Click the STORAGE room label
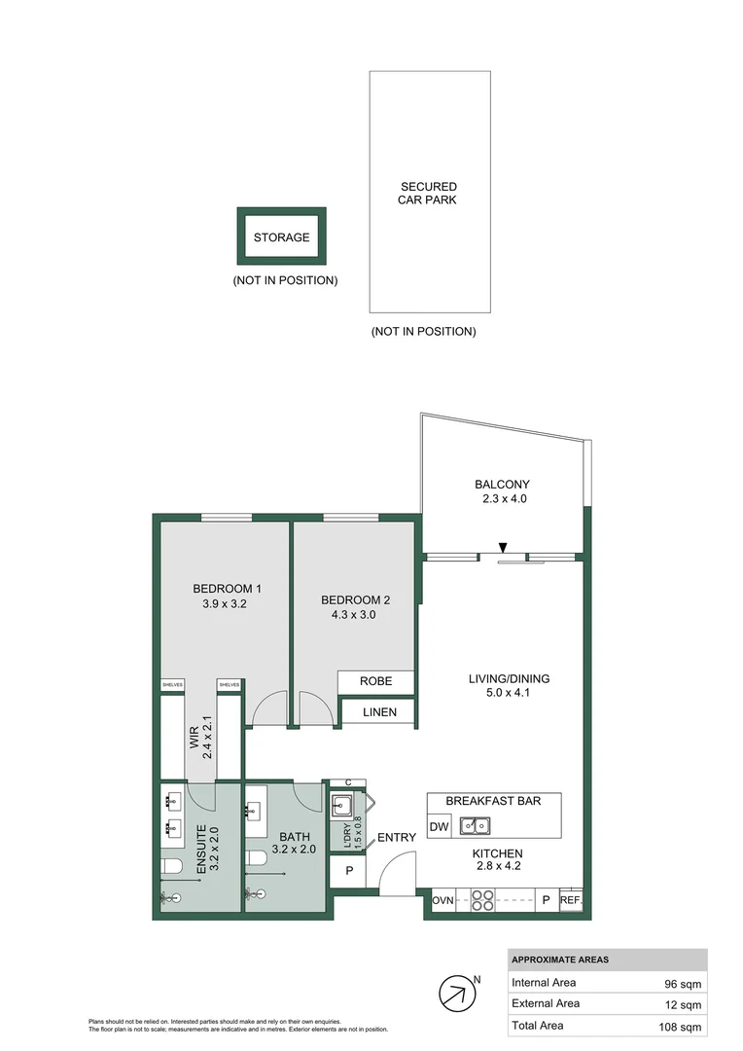point(281,237)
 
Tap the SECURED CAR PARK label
point(428,193)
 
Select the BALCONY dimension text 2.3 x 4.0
point(502,499)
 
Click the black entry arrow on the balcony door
point(502,548)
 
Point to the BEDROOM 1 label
point(227,588)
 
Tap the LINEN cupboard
point(378,712)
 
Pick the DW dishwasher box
point(439,827)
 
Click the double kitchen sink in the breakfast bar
point(475,827)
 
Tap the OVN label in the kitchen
point(443,900)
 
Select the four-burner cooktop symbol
point(482,901)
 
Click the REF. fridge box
point(571,900)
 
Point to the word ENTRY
point(397,837)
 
